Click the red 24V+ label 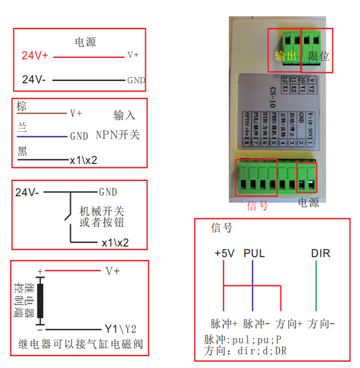[x=35, y=56]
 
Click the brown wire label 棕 [x=21, y=106]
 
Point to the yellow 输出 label [x=286, y=56]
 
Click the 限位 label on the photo [x=319, y=56]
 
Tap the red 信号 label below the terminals [x=258, y=205]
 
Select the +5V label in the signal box [x=225, y=254]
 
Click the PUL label [x=254, y=254]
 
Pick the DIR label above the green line [x=320, y=254]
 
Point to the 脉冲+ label [x=224, y=324]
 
